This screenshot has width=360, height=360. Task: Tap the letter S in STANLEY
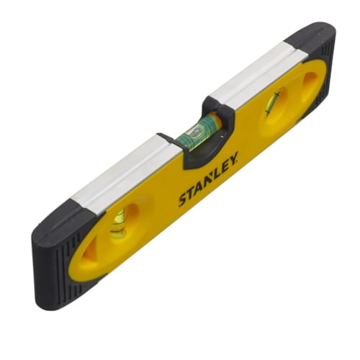(183, 201)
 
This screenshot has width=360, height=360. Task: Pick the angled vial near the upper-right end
(273, 104)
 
